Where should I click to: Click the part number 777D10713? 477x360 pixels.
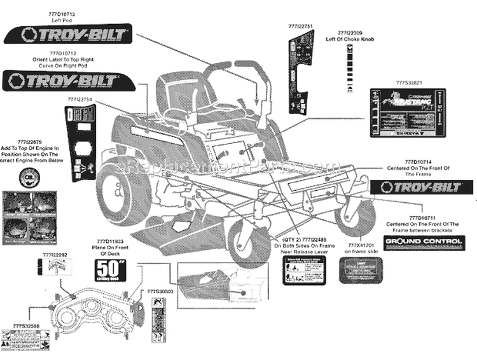click(x=61, y=13)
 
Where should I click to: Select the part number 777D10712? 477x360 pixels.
click(x=62, y=54)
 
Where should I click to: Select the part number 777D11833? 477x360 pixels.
click(x=109, y=242)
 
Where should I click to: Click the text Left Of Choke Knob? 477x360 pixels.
click(x=350, y=39)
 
